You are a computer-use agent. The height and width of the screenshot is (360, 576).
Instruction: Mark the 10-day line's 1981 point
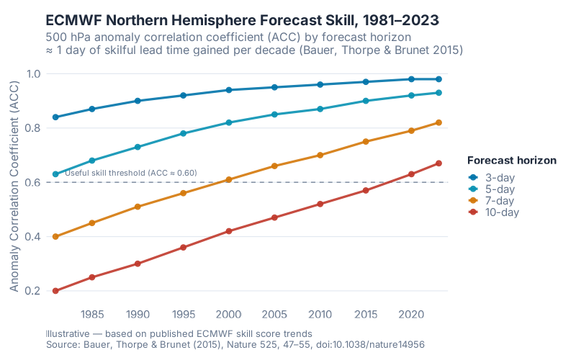tap(55, 291)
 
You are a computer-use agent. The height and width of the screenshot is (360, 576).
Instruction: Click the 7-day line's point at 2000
tap(229, 179)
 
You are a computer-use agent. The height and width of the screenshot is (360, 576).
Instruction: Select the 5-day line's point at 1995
tap(184, 133)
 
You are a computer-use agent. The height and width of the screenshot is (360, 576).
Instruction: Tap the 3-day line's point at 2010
tap(320, 84)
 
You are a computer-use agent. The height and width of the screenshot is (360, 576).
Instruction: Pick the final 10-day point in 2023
tap(438, 163)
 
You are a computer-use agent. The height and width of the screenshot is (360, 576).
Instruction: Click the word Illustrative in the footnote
tap(67, 334)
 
